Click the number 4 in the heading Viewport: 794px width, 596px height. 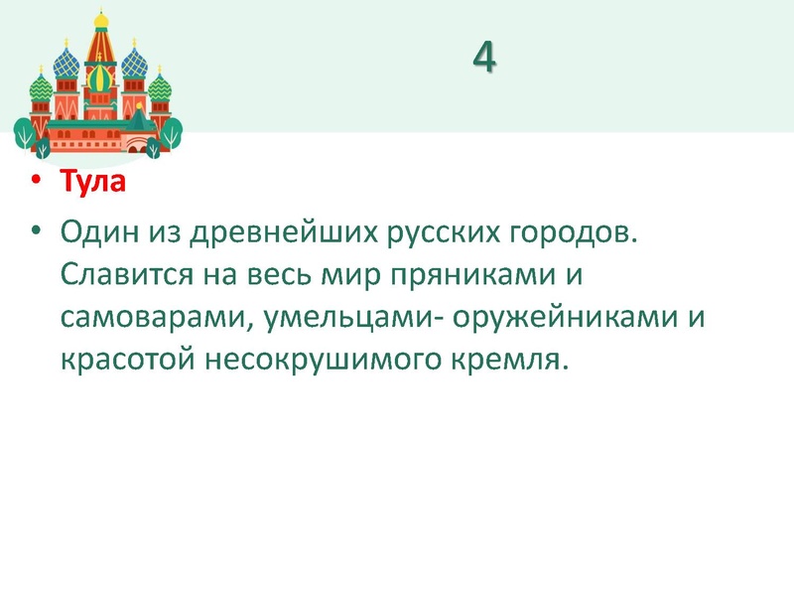(483, 59)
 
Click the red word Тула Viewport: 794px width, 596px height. (92, 184)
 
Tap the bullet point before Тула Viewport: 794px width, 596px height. (37, 184)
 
